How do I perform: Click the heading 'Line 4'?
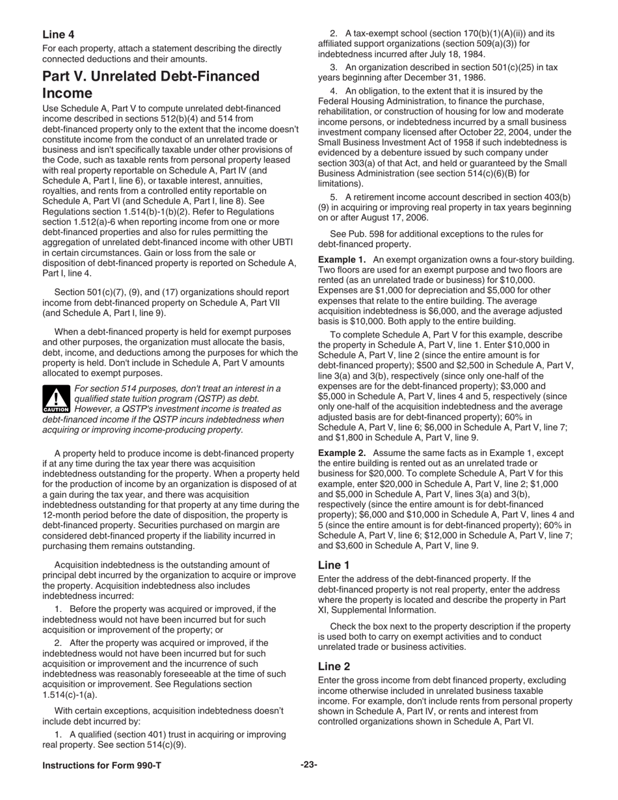click(58, 34)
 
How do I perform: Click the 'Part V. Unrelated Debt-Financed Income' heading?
click(150, 85)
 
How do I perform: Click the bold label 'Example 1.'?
click(342, 260)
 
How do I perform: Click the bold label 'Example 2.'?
click(342, 453)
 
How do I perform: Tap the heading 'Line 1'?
click(334, 565)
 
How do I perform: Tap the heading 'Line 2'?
click(334, 666)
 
